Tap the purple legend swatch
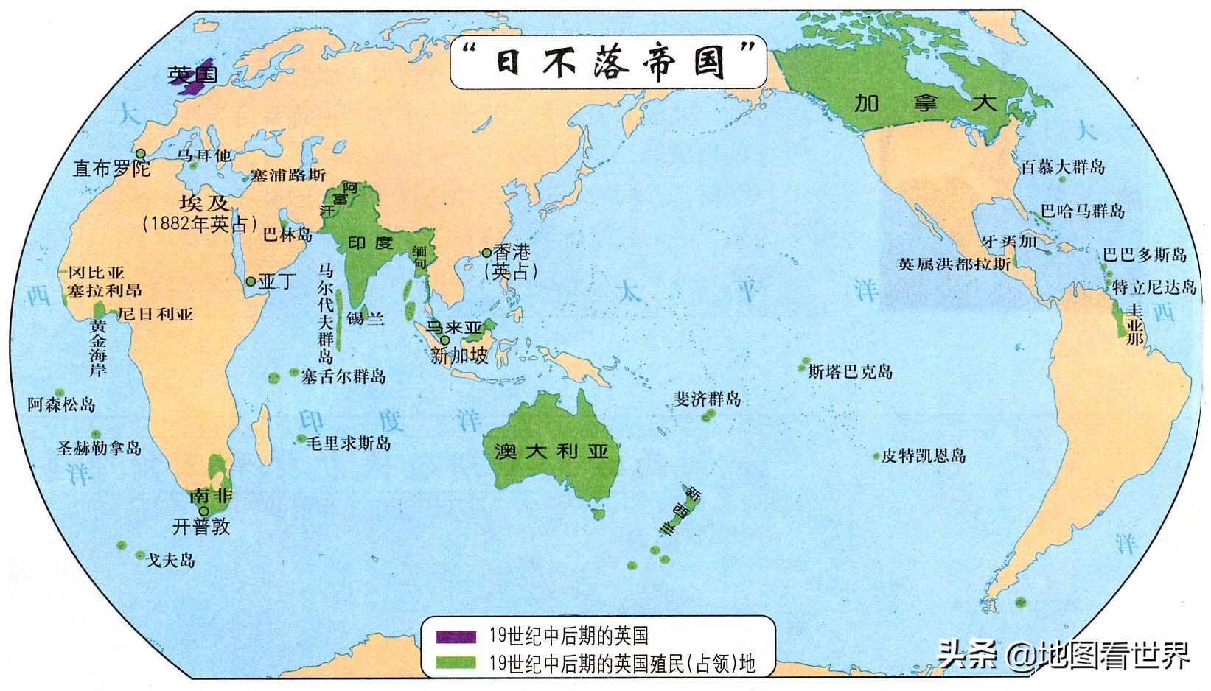tap(455, 636)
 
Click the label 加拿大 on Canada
tap(925, 102)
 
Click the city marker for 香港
tap(486, 253)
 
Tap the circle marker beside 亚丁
tap(251, 281)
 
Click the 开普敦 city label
tap(200, 526)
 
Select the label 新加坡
tap(459, 356)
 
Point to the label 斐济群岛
tap(708, 399)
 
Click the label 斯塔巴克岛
tap(851, 371)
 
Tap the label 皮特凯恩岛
tap(924, 456)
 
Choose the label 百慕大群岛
tap(1063, 166)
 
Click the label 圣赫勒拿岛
tap(99, 447)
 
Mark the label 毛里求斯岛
tap(349, 443)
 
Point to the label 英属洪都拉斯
tap(954, 263)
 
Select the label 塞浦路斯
tap(287, 175)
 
